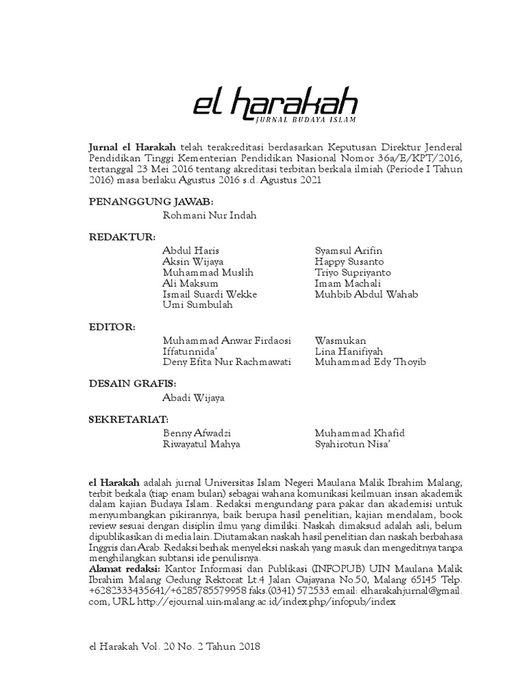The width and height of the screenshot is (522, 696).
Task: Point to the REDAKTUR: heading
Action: point(122,237)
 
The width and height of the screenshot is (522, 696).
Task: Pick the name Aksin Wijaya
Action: point(194,262)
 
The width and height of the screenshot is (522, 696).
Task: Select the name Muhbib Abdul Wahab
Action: point(367,294)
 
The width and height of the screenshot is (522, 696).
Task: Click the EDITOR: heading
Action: point(112,327)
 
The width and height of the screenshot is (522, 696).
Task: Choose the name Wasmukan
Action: point(341,341)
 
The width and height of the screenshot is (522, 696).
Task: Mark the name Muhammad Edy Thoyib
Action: point(370,362)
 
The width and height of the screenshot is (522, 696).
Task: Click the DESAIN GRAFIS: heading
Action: point(133,384)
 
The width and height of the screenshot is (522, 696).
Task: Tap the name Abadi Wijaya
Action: point(194,398)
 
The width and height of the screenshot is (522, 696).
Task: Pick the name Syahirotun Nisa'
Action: point(353,444)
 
